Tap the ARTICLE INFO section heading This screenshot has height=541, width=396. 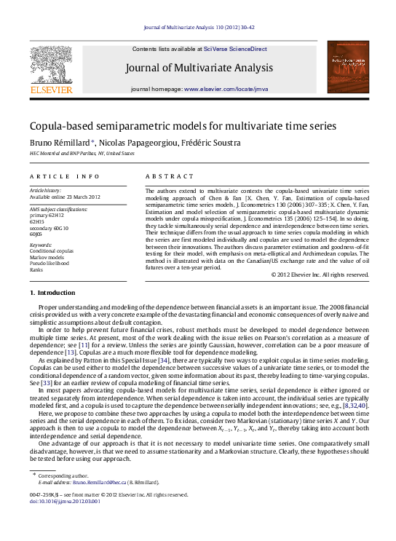click(x=65, y=177)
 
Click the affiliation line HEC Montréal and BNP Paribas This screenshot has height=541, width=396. click(x=82, y=154)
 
